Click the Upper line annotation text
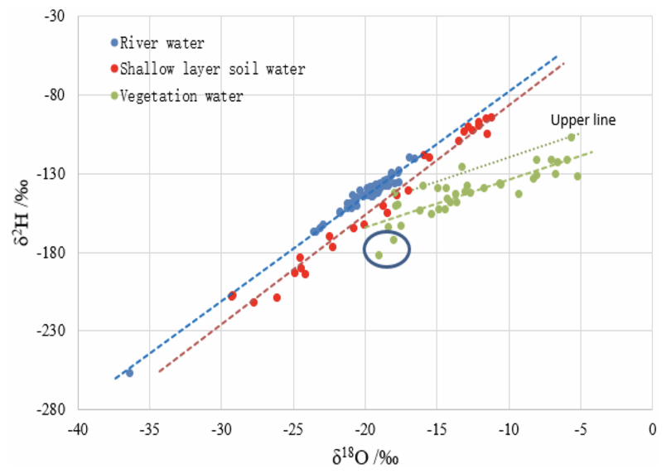pos(583,120)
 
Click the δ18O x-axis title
pos(364,455)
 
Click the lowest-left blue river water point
pos(129,373)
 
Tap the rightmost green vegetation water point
pos(577,176)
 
